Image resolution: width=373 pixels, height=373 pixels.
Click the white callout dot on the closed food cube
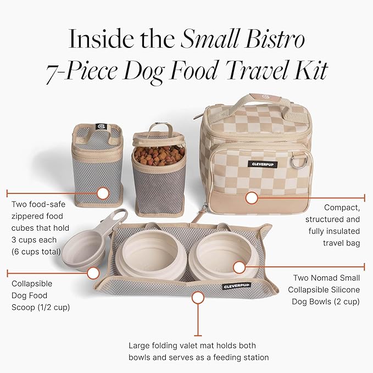coord(102,193)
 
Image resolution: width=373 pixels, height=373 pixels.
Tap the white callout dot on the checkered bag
coord(252,197)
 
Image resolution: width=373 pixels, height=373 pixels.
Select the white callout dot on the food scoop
coord(93,272)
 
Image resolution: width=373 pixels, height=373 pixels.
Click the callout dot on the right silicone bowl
coord(238,268)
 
